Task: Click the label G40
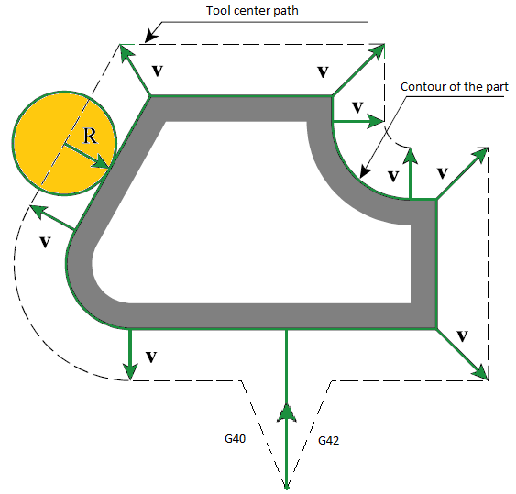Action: [235, 438]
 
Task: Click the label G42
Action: [328, 440]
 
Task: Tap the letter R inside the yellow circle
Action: [90, 136]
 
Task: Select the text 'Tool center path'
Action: [252, 10]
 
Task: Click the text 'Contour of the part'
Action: [454, 86]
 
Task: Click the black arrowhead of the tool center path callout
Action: [150, 36]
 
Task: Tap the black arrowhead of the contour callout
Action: [365, 171]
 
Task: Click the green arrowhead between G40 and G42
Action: [287, 413]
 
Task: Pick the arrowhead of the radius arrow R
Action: [102, 163]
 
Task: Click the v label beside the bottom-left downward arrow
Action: [151, 357]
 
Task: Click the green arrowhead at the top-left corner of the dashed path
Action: [126, 52]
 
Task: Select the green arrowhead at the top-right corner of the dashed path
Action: [377, 51]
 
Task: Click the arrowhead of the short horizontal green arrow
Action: [376, 121]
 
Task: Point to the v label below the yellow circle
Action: [45, 242]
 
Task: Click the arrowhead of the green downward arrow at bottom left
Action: [130, 371]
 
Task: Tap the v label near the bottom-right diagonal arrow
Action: [462, 336]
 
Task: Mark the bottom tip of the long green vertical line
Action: [287, 489]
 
